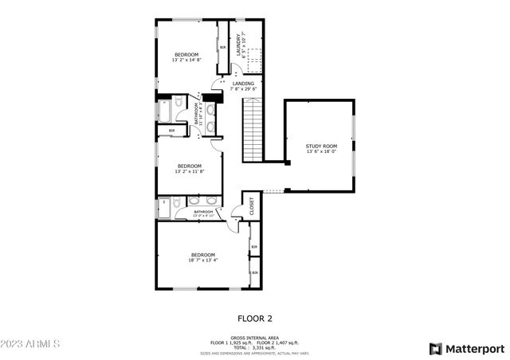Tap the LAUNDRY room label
pos(237,46)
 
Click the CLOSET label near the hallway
pos(251,206)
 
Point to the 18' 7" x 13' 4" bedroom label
pos(202,257)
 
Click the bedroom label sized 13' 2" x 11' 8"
pos(190,168)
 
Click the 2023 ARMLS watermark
pos(31,345)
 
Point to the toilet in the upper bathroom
pos(178,103)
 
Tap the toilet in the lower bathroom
pos(177,202)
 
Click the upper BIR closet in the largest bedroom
pos(254,247)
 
